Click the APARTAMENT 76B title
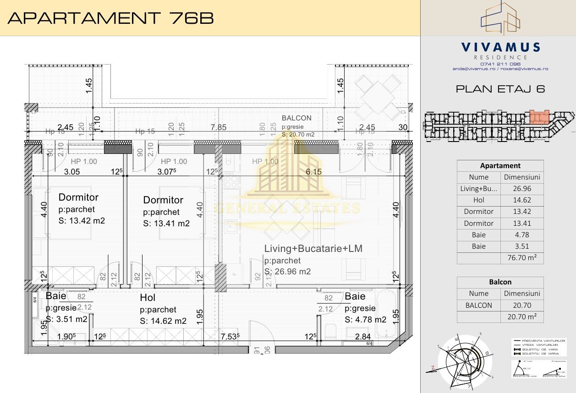point(110,18)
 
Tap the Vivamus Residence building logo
point(500,18)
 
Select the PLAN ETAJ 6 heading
point(500,89)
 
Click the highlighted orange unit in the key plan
point(539,117)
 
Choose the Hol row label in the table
point(478,200)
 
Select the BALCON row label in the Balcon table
point(478,306)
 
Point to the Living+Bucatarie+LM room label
point(313,249)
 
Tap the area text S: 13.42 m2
point(82,221)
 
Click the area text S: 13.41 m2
point(166,224)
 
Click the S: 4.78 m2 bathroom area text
point(365,320)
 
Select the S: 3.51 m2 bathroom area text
point(66,319)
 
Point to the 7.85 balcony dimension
point(219,127)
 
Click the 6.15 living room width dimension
point(314,171)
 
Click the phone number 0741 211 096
point(500,64)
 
